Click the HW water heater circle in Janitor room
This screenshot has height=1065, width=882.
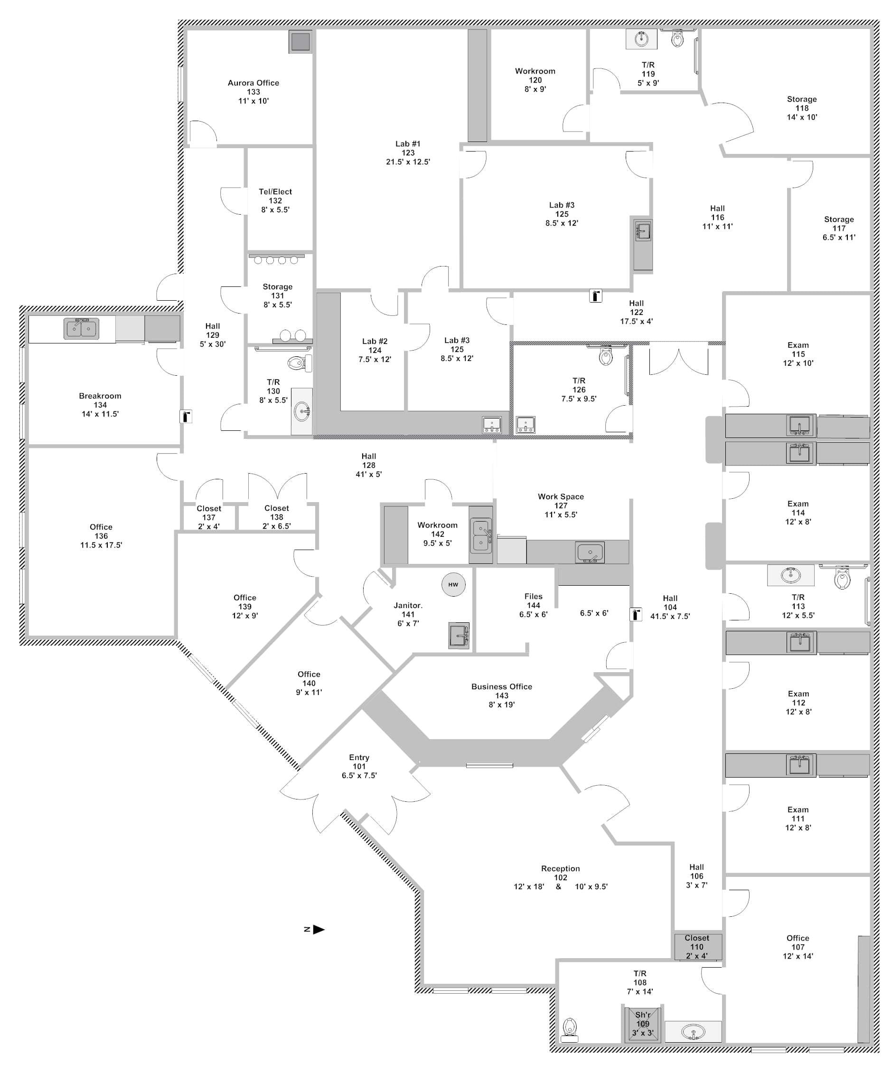tap(453, 584)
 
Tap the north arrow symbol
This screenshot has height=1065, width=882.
tap(318, 930)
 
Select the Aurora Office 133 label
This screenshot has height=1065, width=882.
tap(253, 91)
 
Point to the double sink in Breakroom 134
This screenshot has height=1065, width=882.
tap(81, 328)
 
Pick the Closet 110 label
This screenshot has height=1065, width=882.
tap(696, 947)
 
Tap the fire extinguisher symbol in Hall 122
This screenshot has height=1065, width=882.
tap(596, 295)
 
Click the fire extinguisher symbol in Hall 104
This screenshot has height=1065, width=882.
tap(636, 614)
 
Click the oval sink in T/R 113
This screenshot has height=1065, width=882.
tap(790, 575)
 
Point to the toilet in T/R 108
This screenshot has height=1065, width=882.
tap(570, 1027)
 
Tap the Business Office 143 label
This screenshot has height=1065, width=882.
tap(501, 695)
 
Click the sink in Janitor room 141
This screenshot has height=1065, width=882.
tap(459, 635)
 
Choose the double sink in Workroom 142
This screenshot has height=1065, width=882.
tap(480, 535)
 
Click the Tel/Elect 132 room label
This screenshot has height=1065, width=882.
tap(275, 200)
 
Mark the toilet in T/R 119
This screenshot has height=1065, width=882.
tap(677, 38)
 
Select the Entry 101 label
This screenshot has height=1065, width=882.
tap(359, 766)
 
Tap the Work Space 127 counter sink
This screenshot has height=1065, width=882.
tap(590, 552)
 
